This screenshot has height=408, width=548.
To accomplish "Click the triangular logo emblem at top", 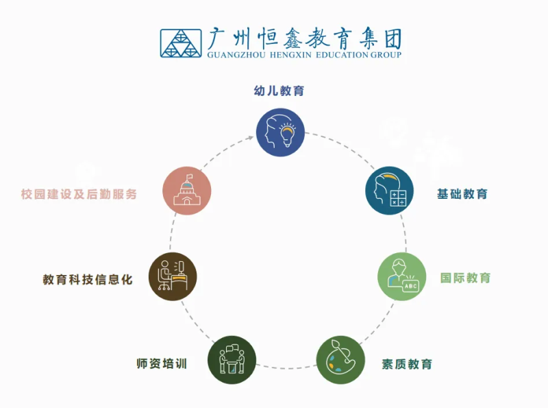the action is tap(181, 43).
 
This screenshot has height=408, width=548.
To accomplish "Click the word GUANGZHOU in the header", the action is tap(236, 55).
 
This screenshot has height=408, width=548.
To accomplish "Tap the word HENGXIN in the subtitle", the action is tap(290, 55).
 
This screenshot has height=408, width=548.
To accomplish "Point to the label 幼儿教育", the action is tap(279, 91).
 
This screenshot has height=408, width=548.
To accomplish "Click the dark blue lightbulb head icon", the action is tap(280, 132).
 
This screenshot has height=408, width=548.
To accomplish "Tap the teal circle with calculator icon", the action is tap(389, 191).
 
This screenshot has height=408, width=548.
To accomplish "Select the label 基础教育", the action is tap(462, 194).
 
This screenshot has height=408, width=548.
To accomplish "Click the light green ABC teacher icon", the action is tap(402, 276).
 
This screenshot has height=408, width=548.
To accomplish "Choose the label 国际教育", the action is tap(465, 278).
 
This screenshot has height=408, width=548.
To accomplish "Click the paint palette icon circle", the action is tap(340, 360).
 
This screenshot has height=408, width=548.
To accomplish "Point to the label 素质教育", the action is tap(407, 364).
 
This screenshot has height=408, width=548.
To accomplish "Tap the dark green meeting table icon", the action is tap(232, 360).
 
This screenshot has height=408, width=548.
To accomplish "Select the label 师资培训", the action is tap(162, 363).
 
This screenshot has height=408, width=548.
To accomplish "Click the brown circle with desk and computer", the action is tap(173, 276).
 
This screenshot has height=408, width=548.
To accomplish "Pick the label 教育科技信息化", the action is tap(88, 280).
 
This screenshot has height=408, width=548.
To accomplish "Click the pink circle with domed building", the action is tap(187, 191).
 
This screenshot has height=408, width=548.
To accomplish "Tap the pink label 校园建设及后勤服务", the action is tap(79, 194).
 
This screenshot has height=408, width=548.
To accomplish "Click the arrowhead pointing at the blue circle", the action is tap(251, 138).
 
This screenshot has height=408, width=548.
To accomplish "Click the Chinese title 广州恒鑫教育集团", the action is tap(305, 38).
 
